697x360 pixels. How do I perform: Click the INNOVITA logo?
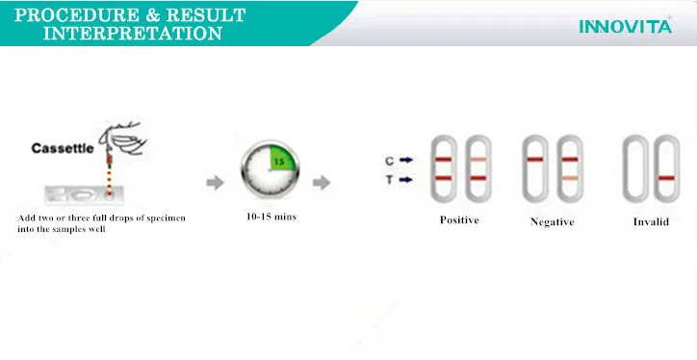624,27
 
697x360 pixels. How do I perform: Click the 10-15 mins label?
271,217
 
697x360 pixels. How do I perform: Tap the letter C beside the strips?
389,160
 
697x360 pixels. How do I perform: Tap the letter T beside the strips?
389,179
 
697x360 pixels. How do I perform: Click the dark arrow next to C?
407,160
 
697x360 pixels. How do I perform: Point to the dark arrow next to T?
407,179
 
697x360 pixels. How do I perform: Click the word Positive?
459,220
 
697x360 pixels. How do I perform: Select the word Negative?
552,221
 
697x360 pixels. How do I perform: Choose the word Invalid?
651,221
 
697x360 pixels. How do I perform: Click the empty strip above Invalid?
633,169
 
